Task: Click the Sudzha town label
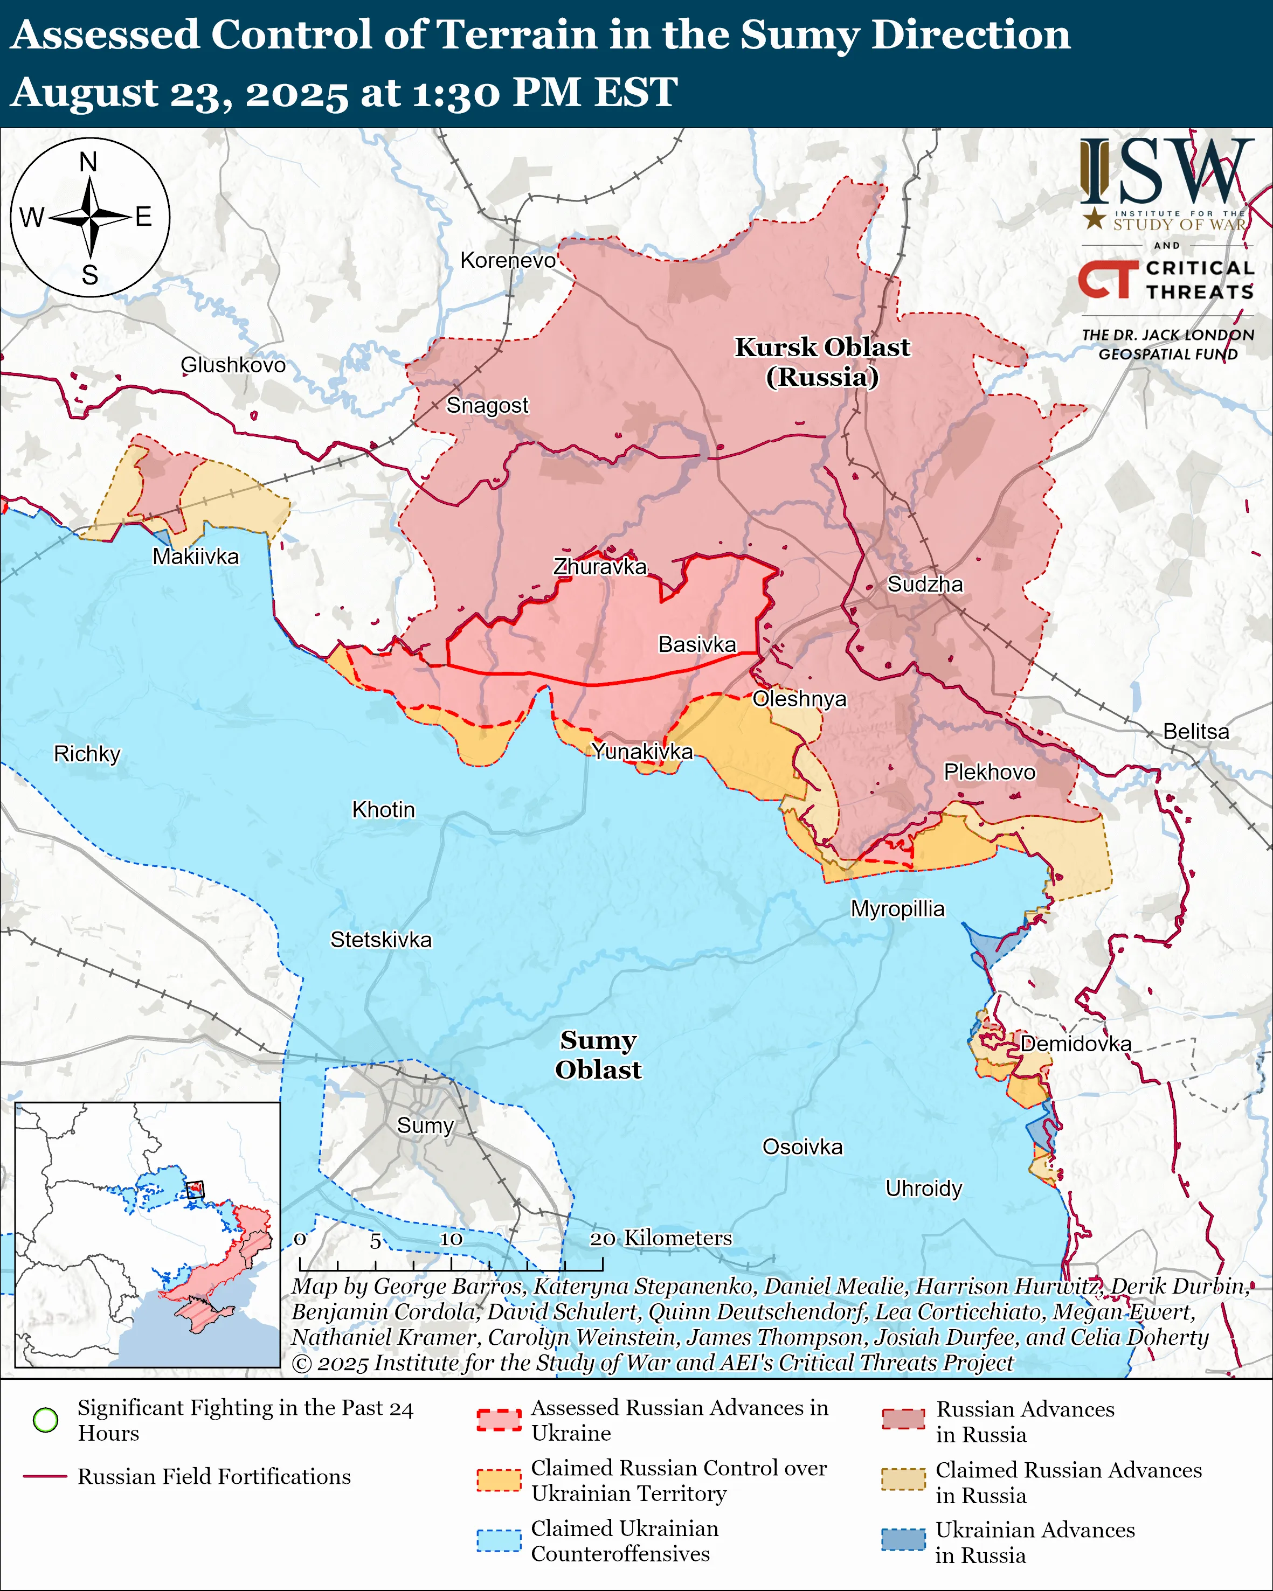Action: (x=925, y=585)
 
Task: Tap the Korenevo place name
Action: (x=508, y=260)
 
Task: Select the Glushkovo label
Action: (x=233, y=365)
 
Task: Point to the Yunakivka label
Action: (x=643, y=751)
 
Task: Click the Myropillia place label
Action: (x=897, y=908)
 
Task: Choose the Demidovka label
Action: (x=1075, y=1044)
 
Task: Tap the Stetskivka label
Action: (x=381, y=940)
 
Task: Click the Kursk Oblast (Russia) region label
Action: (x=822, y=362)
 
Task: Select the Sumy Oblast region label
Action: (x=598, y=1054)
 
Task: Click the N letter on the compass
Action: (x=88, y=162)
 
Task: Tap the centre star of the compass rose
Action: (x=90, y=217)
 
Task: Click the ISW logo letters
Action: (x=1166, y=171)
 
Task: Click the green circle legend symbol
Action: (x=46, y=1420)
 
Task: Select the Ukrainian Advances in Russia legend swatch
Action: (x=903, y=1539)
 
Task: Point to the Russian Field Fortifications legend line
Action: (x=46, y=1477)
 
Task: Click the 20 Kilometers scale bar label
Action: (x=661, y=1238)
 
